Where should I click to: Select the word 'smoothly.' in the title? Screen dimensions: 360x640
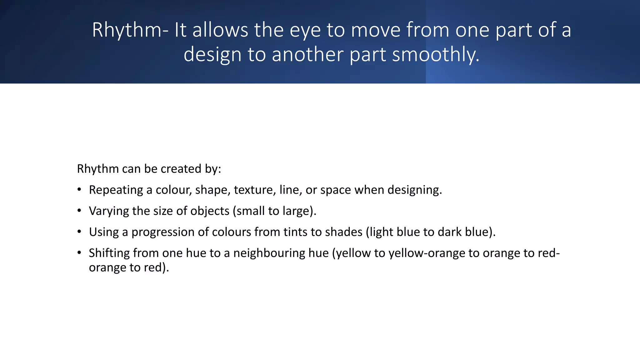tap(436, 55)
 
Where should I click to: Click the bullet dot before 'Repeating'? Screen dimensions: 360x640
tap(79, 190)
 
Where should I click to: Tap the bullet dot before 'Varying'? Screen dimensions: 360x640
tap(79, 211)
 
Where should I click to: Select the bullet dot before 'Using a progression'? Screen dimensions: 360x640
tap(79, 232)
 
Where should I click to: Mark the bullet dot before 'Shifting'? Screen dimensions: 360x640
tap(79, 252)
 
